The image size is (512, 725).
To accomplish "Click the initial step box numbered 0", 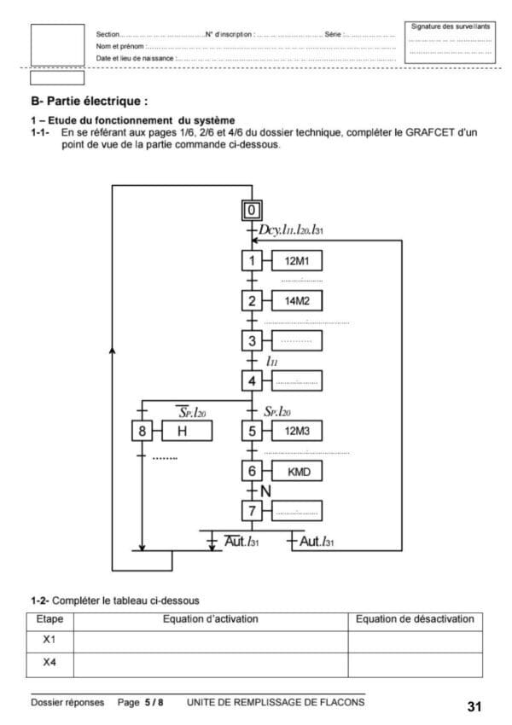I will pyautogui.click(x=252, y=211).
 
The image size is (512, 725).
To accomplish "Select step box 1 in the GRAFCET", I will pyautogui.click(x=252, y=260).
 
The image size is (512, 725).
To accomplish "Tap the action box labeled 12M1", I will pyautogui.click(x=296, y=260).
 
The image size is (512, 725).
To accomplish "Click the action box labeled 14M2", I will pyautogui.click(x=296, y=301).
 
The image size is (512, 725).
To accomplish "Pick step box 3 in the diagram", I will pyautogui.click(x=252, y=342).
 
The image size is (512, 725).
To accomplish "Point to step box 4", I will pyautogui.click(x=252, y=381).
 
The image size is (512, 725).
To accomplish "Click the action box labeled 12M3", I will pyautogui.click(x=296, y=431).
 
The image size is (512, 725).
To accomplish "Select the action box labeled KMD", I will pyautogui.click(x=296, y=471).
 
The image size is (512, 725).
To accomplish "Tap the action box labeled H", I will pyautogui.click(x=181, y=431).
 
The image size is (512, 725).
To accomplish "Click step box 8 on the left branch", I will pyautogui.click(x=143, y=431).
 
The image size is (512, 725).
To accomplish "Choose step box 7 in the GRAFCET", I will pyautogui.click(x=252, y=512).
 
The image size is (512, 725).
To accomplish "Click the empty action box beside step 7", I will pyautogui.click(x=296, y=512).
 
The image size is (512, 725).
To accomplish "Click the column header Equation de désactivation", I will pyautogui.click(x=414, y=619).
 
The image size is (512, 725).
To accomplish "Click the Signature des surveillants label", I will pyautogui.click(x=451, y=27).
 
